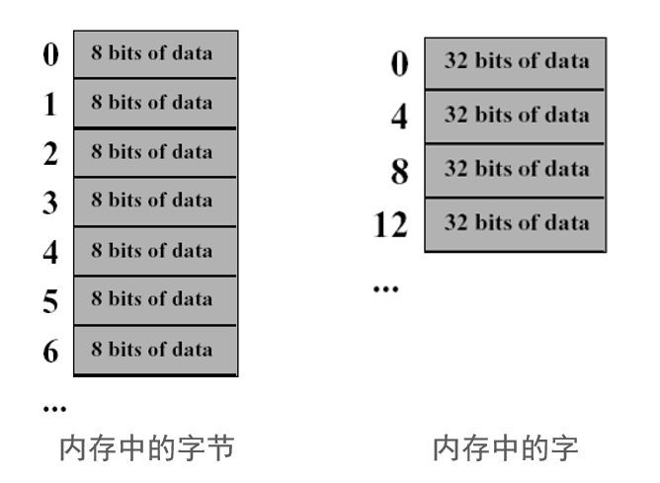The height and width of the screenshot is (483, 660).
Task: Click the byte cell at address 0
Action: tap(155, 53)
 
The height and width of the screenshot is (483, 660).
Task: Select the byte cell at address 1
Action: tap(155, 103)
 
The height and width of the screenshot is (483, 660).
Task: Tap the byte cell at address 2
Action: tap(155, 152)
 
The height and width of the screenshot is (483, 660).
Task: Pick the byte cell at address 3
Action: tap(155, 201)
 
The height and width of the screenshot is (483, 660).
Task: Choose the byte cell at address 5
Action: tap(155, 300)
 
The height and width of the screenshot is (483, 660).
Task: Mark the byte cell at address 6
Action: tap(155, 350)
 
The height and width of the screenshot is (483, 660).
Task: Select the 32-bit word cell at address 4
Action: tap(515, 117)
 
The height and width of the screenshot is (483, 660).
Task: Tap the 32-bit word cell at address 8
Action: tap(515, 170)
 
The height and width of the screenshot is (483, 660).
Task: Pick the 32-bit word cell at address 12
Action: tap(515, 223)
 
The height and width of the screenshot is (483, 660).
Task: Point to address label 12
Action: tap(390, 225)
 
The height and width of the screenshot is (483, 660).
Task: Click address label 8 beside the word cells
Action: tap(399, 172)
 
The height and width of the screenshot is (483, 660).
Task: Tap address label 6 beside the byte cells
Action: tap(50, 351)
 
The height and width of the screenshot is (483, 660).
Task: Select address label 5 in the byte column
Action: tap(50, 301)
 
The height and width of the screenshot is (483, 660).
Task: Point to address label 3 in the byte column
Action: tap(50, 202)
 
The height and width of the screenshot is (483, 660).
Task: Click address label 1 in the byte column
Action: tap(50, 104)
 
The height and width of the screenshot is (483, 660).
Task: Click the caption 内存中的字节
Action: tap(147, 448)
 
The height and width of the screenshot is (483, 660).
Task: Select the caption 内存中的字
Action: tap(505, 448)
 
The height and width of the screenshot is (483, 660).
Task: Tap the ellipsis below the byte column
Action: tap(55, 407)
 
